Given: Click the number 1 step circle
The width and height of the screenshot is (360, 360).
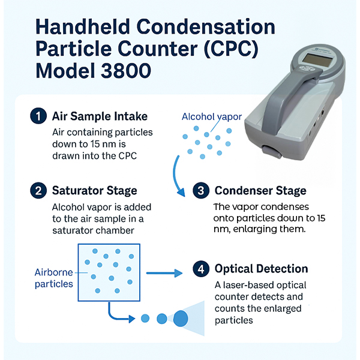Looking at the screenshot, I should coord(37,115).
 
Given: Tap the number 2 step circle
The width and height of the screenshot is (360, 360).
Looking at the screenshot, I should coord(37,191).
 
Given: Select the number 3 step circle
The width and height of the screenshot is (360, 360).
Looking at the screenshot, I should coord(200,191).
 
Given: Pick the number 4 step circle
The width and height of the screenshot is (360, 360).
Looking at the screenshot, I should coord(200,269).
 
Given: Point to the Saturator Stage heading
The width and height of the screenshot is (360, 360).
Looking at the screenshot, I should coord(94,191).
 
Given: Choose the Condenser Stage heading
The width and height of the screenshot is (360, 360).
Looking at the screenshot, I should coord(260,191).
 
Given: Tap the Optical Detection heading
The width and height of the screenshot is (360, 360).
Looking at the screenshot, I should coord(261,269).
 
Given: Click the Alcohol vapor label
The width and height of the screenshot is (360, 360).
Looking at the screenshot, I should coord(212,116).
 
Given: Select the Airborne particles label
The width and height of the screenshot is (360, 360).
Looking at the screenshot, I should coord(53,277).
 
